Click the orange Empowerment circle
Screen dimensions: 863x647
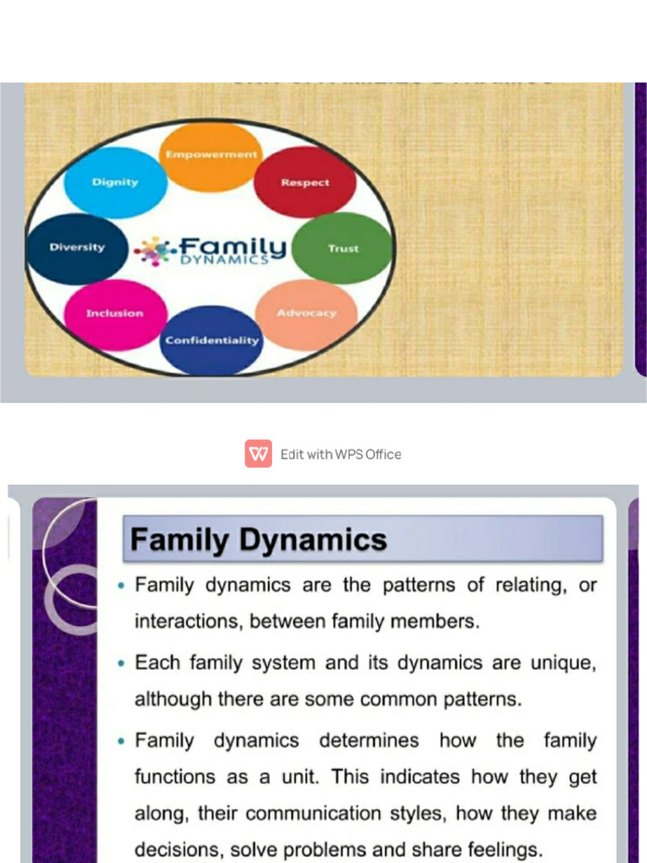[210, 158]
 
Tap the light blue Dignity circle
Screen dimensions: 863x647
[115, 183]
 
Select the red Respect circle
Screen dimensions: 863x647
[305, 182]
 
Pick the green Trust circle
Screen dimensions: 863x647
[343, 248]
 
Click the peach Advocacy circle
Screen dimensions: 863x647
[306, 314]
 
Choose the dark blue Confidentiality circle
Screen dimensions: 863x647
[211, 340]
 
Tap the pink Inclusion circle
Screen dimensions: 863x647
[115, 314]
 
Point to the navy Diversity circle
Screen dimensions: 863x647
[77, 248]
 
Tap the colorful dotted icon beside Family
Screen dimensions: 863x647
[154, 250]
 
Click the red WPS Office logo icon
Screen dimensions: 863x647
[259, 453]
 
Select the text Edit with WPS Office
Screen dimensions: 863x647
[340, 454]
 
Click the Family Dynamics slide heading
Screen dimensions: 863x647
[259, 539]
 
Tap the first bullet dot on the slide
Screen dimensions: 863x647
[123, 586]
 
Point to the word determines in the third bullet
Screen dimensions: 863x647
[369, 741]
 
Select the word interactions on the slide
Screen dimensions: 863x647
[177, 622]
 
